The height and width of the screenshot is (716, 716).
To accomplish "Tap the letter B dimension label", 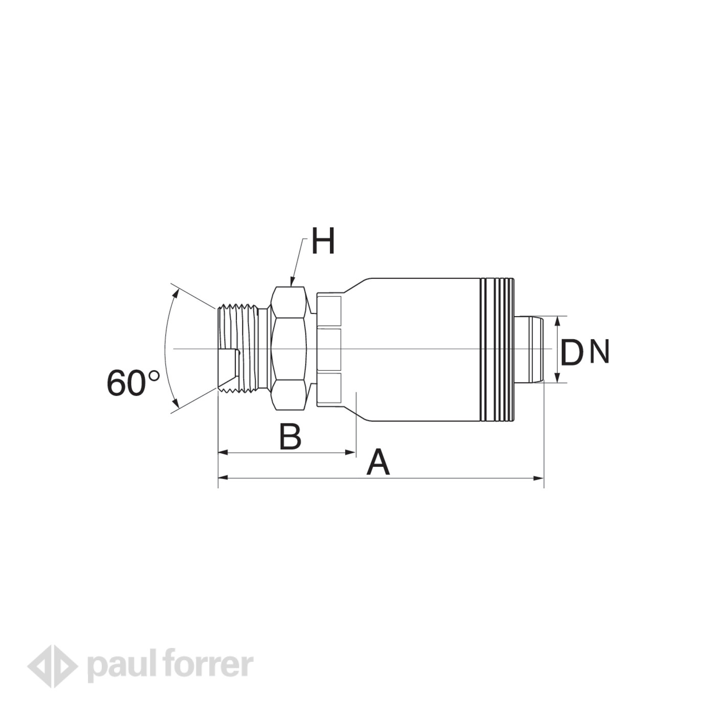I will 290,437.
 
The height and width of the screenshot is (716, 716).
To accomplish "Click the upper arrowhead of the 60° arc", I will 176,294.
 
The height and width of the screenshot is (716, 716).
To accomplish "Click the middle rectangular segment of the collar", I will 328,349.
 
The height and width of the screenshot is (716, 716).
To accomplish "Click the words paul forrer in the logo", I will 170,665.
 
